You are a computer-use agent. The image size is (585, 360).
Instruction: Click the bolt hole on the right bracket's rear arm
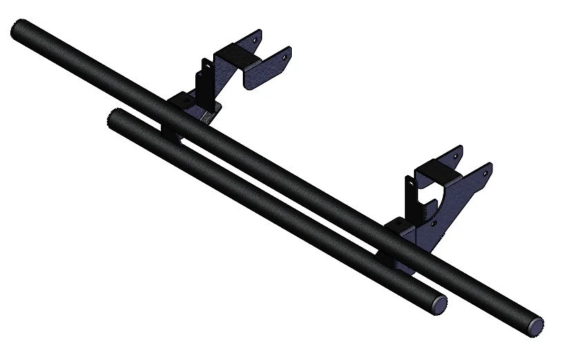point(457,157)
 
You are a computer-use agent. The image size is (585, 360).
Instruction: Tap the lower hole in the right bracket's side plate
point(433,223)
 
